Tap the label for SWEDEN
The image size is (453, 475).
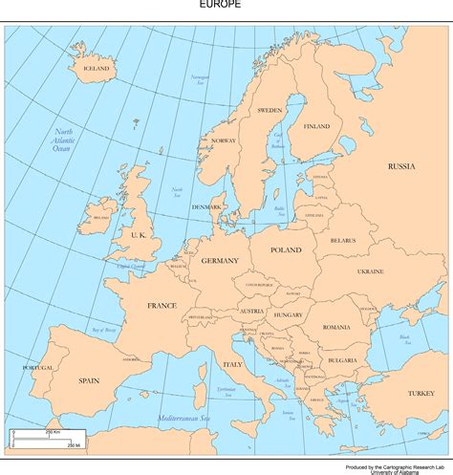[270, 111]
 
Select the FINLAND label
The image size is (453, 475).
[316, 126]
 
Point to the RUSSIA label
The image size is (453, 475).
[401, 166]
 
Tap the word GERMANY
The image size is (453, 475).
[220, 260]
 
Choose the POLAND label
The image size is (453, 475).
[286, 249]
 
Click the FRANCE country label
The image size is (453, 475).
[162, 306]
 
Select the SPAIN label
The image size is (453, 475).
[89, 380]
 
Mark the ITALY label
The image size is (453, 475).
[232, 365]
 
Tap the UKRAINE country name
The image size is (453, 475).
[370, 271]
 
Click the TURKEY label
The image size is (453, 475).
[420, 394]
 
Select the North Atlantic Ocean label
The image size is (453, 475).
[63, 140]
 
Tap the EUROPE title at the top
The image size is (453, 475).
[221, 5]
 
